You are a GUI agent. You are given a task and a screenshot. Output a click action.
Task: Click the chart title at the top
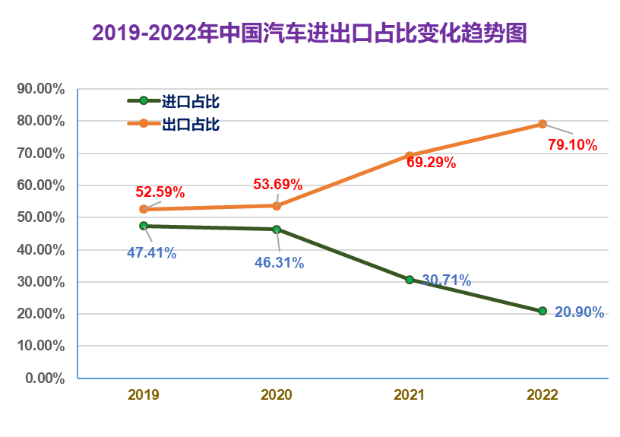click(309, 33)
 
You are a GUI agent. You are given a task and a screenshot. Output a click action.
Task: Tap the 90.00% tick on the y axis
click(40, 89)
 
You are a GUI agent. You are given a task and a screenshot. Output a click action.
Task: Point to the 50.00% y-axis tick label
click(40, 217)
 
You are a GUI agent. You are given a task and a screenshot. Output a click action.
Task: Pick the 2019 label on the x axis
click(144, 395)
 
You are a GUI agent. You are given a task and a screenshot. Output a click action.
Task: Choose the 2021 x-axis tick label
click(410, 395)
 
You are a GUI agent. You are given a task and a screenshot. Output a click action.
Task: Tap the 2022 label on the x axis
click(542, 395)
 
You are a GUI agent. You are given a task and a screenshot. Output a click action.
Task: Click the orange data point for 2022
click(542, 124)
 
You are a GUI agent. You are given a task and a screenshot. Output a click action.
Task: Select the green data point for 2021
click(410, 280)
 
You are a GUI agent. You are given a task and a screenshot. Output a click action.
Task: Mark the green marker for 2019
click(144, 226)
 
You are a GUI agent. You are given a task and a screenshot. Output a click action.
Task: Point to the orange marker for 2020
click(277, 206)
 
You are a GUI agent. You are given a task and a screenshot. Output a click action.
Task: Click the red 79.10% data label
click(572, 144)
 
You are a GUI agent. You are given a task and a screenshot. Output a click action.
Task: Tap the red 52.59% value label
click(160, 192)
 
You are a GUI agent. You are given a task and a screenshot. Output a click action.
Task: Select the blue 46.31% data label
click(279, 263)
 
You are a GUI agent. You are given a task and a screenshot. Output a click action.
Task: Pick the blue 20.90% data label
click(579, 312)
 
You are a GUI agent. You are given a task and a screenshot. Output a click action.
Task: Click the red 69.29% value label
click(430, 161)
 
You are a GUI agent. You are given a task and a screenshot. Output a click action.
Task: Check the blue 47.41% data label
click(151, 253)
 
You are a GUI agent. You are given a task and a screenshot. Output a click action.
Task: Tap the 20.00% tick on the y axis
click(40, 314)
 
